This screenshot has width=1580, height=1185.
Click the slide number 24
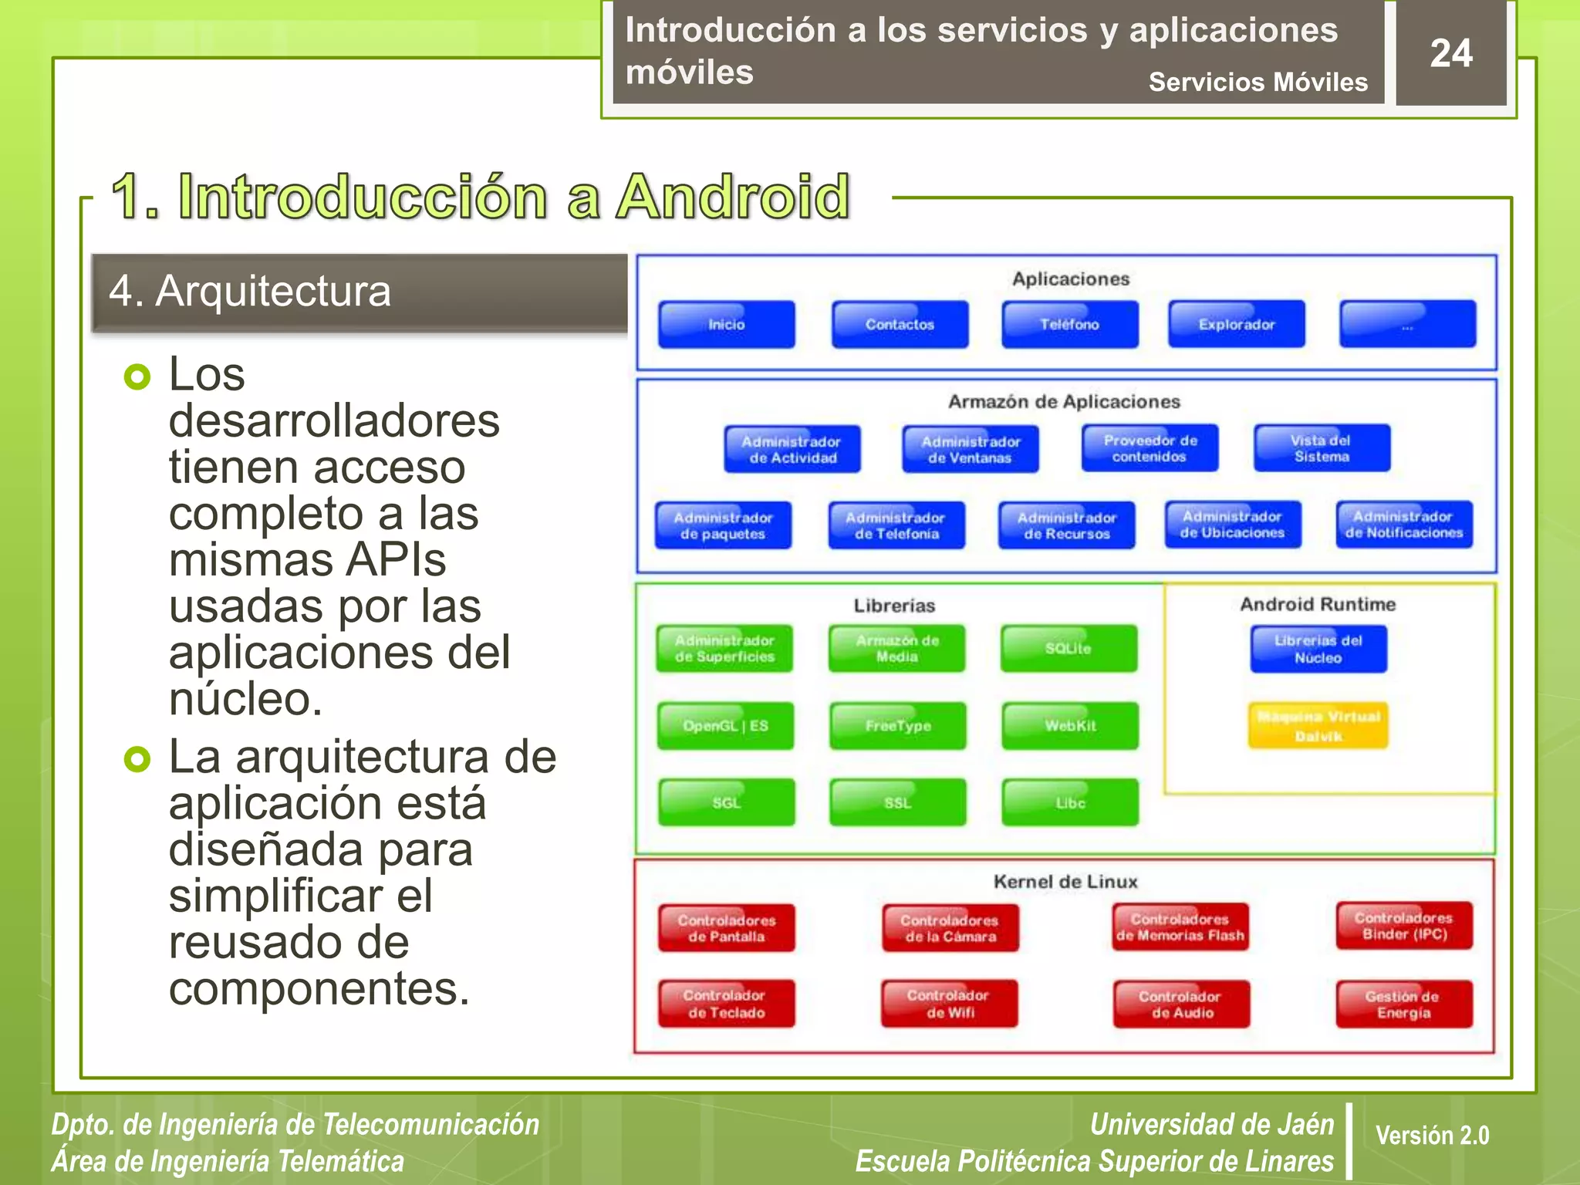pos(1450,53)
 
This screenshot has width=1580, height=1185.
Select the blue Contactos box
pos(900,325)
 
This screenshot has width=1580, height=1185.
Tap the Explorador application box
pos(1236,325)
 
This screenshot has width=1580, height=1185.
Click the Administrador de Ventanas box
pos(971,449)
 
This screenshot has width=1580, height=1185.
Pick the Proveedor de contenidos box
pos(1150,448)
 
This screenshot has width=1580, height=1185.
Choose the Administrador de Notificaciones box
pos(1404,525)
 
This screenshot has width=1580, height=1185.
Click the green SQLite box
pos(1069,648)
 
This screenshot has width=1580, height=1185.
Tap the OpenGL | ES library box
pos(725,725)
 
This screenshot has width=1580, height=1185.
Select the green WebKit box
pos(1070,725)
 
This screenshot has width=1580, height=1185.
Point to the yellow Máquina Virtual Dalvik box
pos(1318,725)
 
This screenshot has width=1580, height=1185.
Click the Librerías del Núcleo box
pos(1318,649)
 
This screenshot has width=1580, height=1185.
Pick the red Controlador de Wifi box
pos(950,1004)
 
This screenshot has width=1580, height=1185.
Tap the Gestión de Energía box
pos(1404,1004)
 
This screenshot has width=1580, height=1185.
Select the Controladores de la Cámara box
pos(950,927)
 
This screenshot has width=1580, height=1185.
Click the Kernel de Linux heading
pos(1065,881)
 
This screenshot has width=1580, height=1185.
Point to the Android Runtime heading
pos(1318,604)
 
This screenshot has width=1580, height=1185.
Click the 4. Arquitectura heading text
pos(250,292)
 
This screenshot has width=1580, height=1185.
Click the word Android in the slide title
pos(733,197)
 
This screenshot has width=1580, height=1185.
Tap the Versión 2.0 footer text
pos(1432,1135)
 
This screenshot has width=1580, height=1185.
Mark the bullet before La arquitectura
pos(137,759)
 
